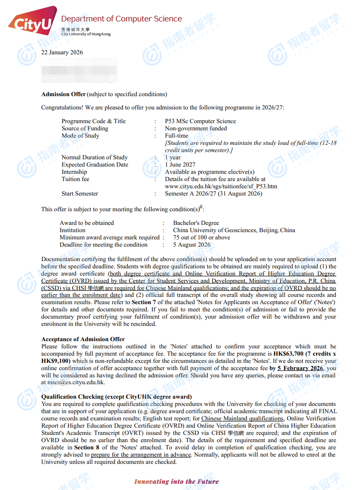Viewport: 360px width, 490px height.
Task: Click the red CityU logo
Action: (32, 22)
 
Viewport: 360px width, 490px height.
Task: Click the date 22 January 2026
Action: (62, 52)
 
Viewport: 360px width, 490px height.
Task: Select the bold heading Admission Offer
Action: (63, 94)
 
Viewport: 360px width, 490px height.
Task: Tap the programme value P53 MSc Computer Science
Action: (200, 121)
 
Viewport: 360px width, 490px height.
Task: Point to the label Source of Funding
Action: (85, 128)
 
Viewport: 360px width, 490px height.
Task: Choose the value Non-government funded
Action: (196, 128)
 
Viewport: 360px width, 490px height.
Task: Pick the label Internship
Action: (74, 172)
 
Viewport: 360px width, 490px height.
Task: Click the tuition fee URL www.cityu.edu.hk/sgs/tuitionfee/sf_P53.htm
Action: (221, 186)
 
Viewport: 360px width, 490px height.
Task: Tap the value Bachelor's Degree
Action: (196, 223)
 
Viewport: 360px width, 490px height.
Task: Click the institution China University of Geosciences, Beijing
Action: (234, 230)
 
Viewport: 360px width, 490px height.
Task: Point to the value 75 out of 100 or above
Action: (201, 237)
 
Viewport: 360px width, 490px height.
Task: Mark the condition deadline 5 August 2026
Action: (192, 245)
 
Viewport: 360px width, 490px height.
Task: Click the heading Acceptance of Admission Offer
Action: (83, 339)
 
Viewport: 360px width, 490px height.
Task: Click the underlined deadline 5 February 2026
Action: (300, 368)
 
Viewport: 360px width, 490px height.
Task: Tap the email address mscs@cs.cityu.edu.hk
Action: (76, 383)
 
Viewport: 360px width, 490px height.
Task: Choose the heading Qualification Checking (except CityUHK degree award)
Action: (116, 397)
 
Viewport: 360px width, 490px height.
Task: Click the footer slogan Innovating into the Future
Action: (176, 481)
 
